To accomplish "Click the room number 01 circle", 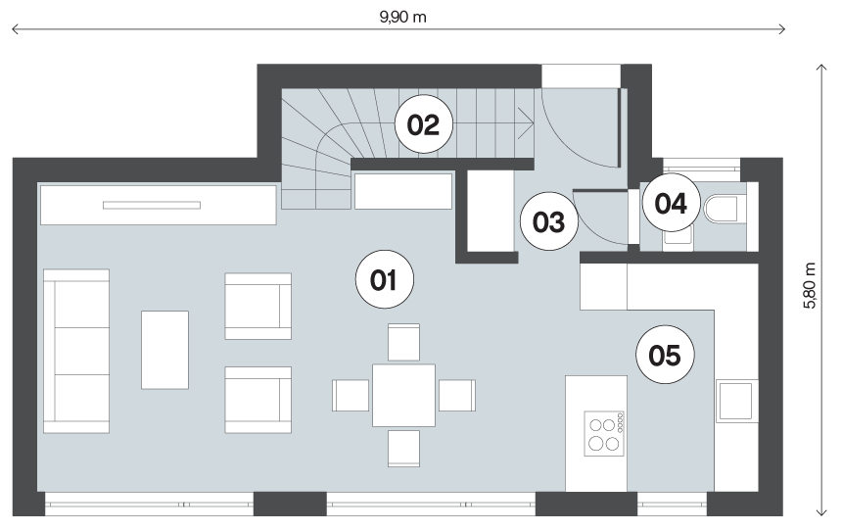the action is coord(385,279).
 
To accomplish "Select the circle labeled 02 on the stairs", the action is coord(424,124).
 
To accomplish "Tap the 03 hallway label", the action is coord(549,221).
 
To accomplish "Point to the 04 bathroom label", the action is coord(672,203).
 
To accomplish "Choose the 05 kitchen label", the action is coord(665,355).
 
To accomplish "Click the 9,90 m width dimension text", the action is coord(402,18).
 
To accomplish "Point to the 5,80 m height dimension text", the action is coord(810,285).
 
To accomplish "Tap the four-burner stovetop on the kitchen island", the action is coord(604,434).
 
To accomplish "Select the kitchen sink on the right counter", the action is coord(735,401).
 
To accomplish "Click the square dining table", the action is coord(403,395).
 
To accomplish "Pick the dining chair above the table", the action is coord(403,342).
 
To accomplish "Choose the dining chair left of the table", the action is coord(351,395).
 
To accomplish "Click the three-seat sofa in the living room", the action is coord(76,351).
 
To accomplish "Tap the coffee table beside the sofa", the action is coord(164,350).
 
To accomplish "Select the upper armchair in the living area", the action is coord(258,306).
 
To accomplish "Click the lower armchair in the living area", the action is coord(258,400).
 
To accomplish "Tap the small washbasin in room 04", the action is coord(678,237).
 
